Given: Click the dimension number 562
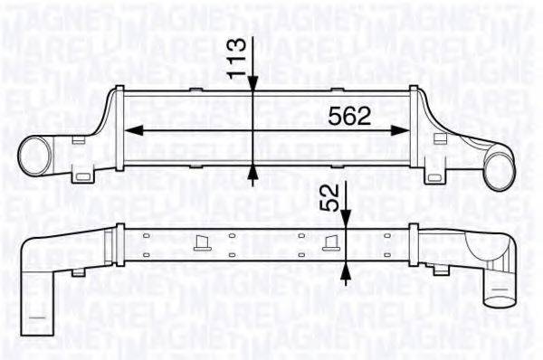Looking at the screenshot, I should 348,116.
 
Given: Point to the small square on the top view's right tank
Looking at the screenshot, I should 441,138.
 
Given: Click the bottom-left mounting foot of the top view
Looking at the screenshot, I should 87,174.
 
